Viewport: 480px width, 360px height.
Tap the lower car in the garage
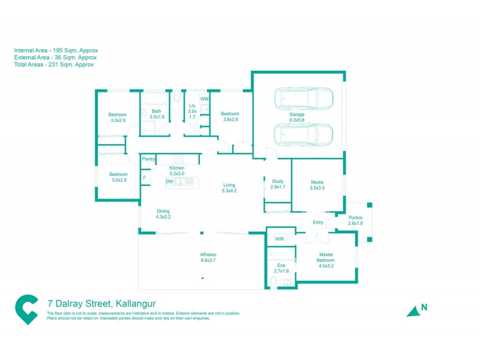(x=303, y=135)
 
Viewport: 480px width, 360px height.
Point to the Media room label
(x=317, y=185)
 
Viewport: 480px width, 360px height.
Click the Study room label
(x=277, y=184)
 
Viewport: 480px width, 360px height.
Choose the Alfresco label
(x=208, y=257)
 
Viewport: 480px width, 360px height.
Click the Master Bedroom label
(x=326, y=259)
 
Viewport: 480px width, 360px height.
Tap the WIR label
(x=280, y=239)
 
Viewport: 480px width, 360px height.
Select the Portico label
(x=356, y=220)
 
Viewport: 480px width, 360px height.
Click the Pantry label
(x=149, y=159)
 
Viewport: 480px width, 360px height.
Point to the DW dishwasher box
(x=169, y=181)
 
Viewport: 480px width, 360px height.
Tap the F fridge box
(x=145, y=178)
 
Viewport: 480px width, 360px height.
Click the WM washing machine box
(x=205, y=98)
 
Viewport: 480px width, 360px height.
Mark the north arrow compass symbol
(x=413, y=310)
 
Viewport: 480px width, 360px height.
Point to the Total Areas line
(x=55, y=64)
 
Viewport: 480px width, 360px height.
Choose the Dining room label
(x=163, y=214)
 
